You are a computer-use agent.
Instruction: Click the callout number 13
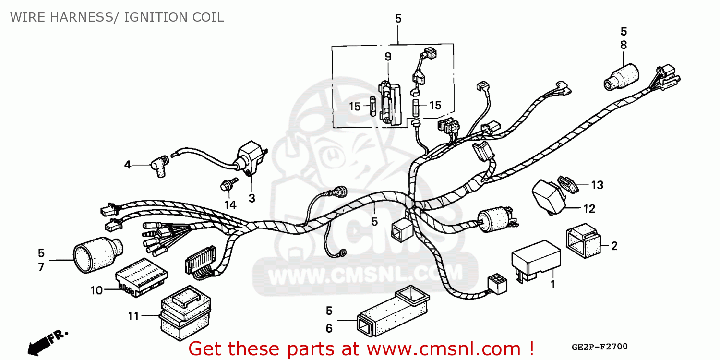pos(597,185)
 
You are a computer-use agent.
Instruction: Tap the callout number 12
pos(589,209)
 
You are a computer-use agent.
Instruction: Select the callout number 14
pos(230,205)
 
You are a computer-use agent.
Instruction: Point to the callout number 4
pos(127,165)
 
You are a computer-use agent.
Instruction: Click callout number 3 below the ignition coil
pos(252,198)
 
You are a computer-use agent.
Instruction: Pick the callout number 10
pos(96,290)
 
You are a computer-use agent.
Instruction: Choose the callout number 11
pos(133,316)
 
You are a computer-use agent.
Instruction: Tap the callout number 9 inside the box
pos(388,57)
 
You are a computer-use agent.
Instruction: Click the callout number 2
pos(614,246)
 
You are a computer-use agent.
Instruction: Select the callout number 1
pos(552,285)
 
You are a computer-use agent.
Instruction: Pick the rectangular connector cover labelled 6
pos(391,314)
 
